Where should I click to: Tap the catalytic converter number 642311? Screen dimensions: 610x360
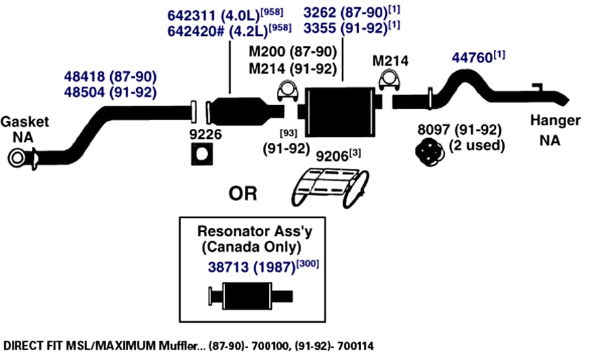[191, 16]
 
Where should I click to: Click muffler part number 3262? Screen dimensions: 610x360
[320, 13]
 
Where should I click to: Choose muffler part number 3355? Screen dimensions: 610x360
[320, 29]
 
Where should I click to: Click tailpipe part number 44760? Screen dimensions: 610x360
[473, 58]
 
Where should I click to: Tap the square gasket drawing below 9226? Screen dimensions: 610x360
[202, 155]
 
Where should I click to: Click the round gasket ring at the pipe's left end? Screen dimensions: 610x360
[17, 158]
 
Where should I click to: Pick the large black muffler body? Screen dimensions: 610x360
[340, 112]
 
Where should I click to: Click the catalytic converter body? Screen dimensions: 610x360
[238, 112]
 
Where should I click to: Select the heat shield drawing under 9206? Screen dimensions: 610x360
[330, 187]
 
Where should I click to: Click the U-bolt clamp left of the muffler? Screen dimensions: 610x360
[286, 92]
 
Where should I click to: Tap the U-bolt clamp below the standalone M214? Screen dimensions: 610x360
[389, 81]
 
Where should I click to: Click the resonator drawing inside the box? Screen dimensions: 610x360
[250, 296]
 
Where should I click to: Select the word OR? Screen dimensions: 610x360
[243, 193]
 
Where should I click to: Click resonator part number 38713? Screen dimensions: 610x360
[228, 268]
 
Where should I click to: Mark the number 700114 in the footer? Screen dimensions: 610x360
[356, 345]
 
